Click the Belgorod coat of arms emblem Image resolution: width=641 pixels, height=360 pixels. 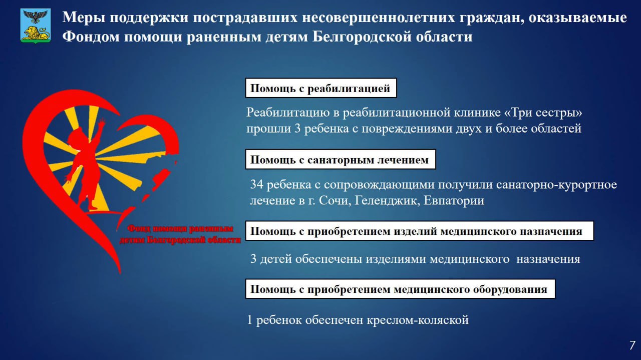[x=36, y=26]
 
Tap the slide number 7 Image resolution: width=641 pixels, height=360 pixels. [x=632, y=345]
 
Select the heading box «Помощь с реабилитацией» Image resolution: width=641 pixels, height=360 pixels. [x=321, y=88]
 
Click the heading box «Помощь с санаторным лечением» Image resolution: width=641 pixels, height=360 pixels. [x=341, y=159]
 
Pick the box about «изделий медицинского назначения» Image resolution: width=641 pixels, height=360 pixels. [x=420, y=231]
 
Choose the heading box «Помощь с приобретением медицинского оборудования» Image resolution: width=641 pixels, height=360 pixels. [x=400, y=289]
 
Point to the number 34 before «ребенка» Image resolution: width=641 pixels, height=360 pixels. [x=256, y=185]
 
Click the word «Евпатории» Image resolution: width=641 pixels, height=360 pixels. [x=454, y=201]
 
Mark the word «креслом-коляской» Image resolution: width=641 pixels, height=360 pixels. [x=418, y=320]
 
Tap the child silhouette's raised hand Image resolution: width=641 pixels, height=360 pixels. [x=101, y=123]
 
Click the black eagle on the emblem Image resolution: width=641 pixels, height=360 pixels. [x=36, y=17]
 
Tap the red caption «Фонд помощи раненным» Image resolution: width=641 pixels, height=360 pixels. [x=180, y=229]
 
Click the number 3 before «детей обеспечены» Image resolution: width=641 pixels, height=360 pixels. [x=253, y=259]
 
